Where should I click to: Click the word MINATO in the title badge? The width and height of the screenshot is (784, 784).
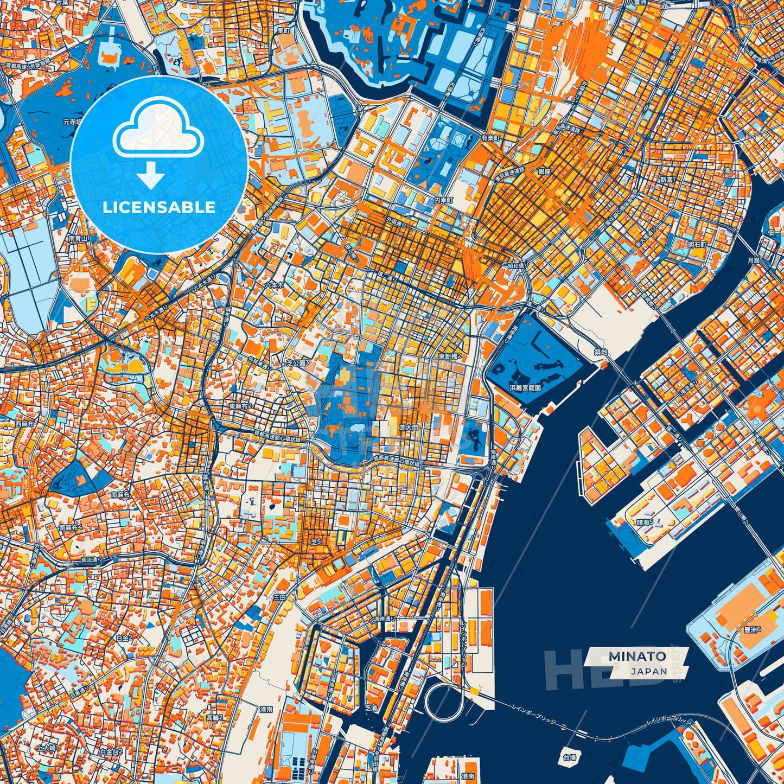(x=637, y=656)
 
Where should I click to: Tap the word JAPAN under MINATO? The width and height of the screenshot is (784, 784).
(x=649, y=671)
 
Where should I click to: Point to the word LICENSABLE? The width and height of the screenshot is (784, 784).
(x=159, y=207)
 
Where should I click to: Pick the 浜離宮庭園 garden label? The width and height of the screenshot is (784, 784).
(x=525, y=388)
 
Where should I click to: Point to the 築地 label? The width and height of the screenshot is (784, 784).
(x=601, y=352)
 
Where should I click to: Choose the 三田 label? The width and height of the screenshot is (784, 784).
(x=279, y=597)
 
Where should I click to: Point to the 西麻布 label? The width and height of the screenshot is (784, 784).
(x=25, y=424)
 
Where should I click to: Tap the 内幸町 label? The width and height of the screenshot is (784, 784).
(x=443, y=200)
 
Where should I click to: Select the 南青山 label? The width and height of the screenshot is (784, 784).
(x=79, y=238)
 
